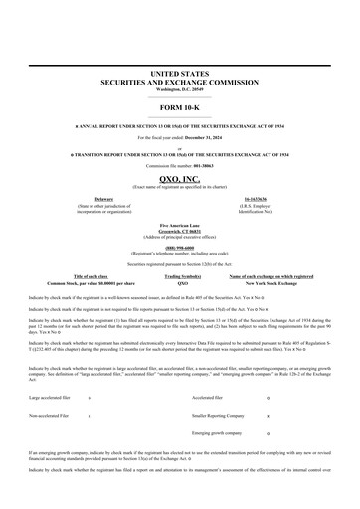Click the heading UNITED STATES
[x=180, y=74]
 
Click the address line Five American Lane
[x=180, y=228]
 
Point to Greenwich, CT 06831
[x=180, y=234]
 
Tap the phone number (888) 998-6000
[x=180, y=250]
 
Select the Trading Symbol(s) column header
[x=183, y=275]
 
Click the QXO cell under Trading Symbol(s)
[x=183, y=283]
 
